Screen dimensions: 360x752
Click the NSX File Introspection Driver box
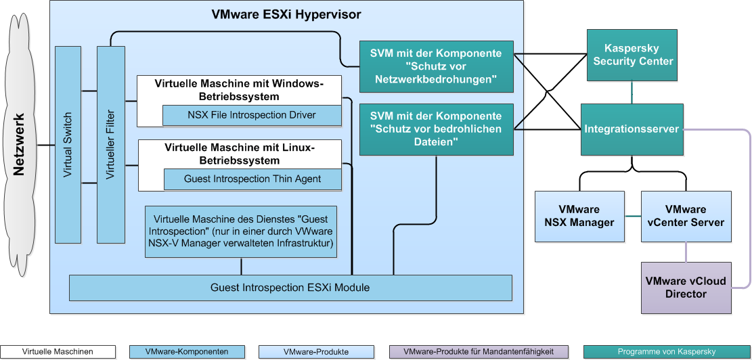click(252, 115)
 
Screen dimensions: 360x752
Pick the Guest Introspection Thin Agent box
click(252, 179)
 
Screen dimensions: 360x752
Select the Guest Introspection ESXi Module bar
click(290, 288)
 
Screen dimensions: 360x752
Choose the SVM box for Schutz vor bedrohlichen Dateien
click(436, 129)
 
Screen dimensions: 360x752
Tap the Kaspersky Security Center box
click(632, 55)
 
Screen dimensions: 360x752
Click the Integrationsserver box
click(632, 129)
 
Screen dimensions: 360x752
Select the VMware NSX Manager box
click(579, 217)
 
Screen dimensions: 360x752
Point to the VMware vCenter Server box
click(686, 217)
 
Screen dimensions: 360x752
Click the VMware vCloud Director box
click(686, 288)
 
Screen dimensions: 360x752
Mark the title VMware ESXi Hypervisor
click(286, 14)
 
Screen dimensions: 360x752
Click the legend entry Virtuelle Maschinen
click(58, 352)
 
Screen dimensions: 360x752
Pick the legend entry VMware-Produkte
click(316, 352)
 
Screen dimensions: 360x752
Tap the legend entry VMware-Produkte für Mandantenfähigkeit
click(479, 352)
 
